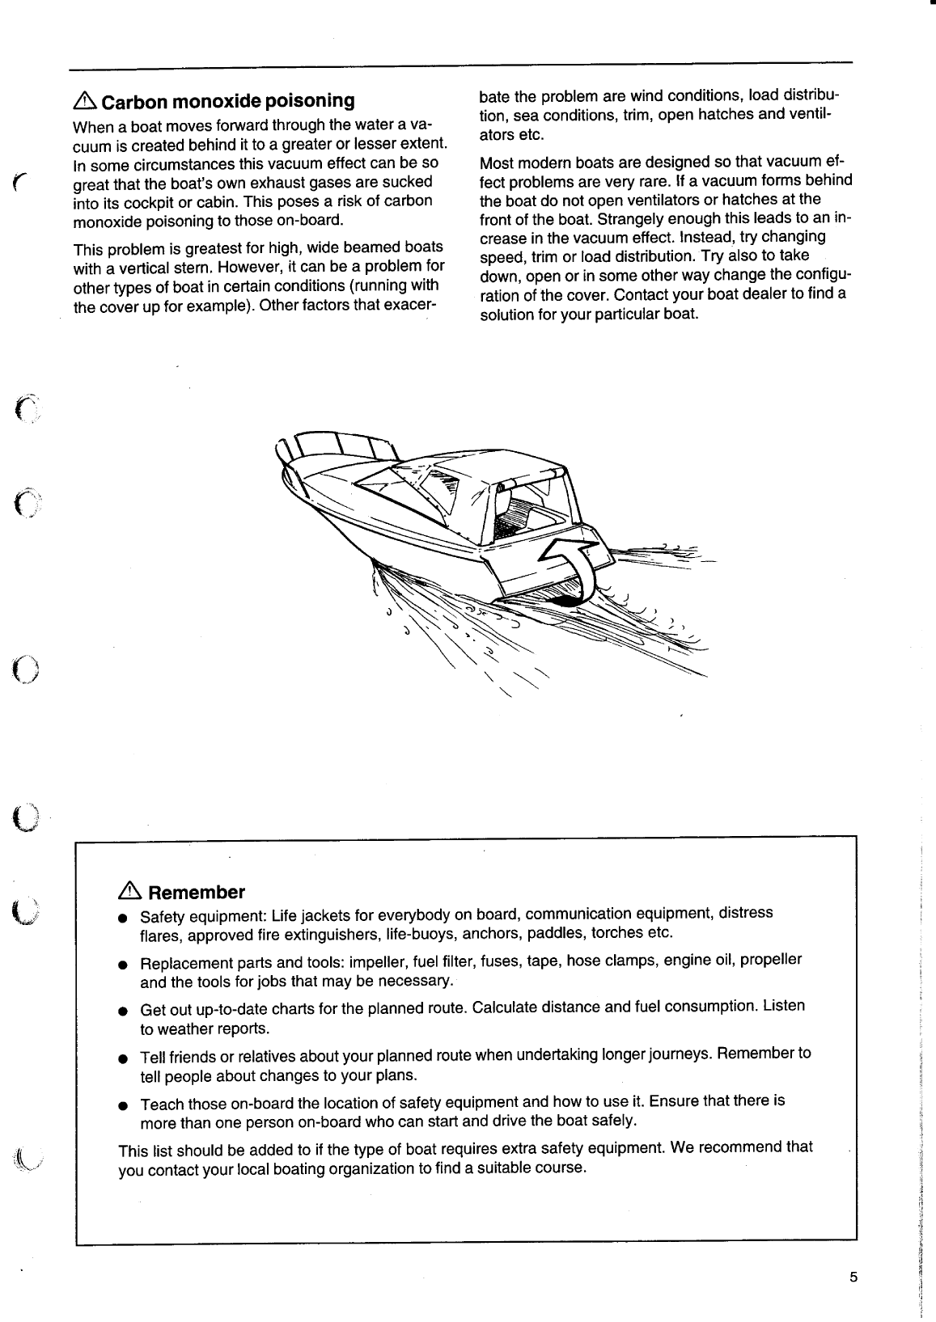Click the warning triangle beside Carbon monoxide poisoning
[85, 101]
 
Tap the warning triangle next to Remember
[129, 892]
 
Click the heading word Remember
[197, 893]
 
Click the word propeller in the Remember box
[770, 960]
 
